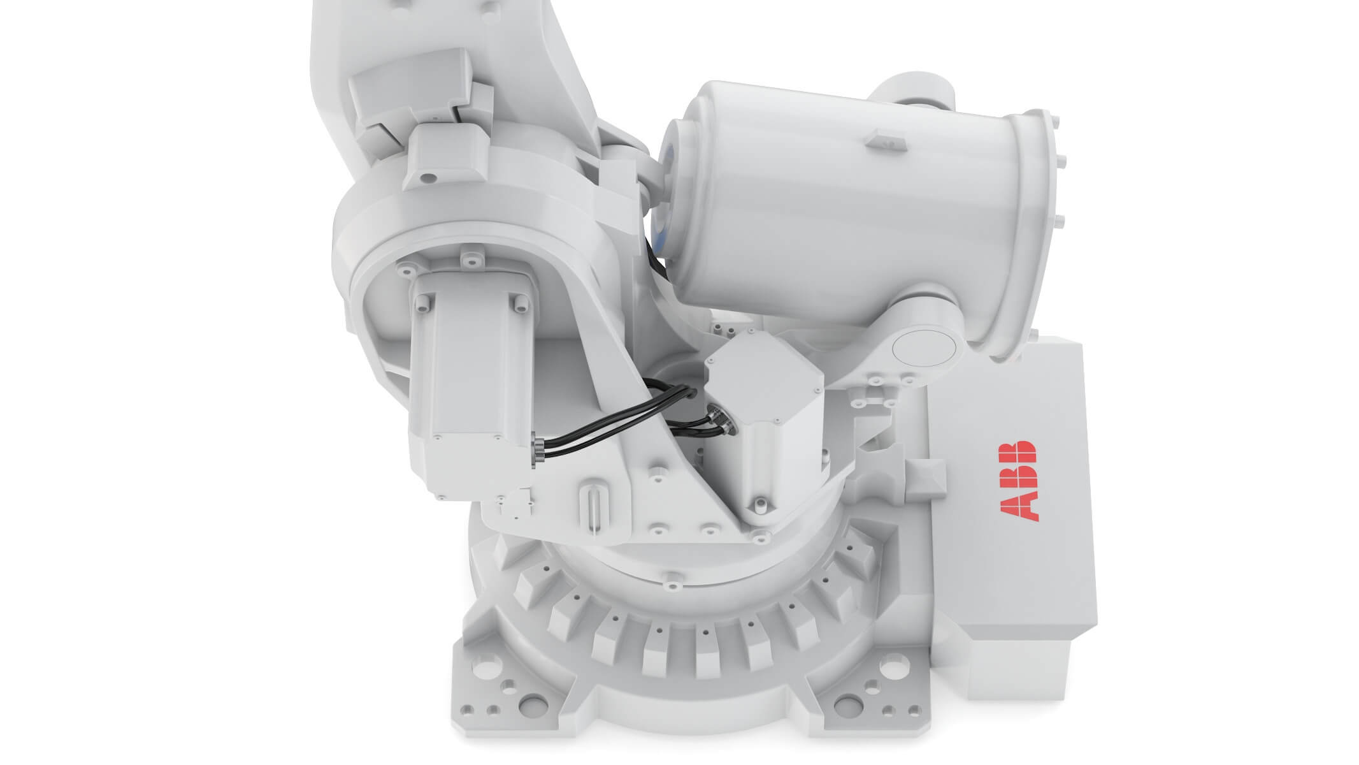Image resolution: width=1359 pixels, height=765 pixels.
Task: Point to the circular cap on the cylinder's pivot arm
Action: click(923, 348)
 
